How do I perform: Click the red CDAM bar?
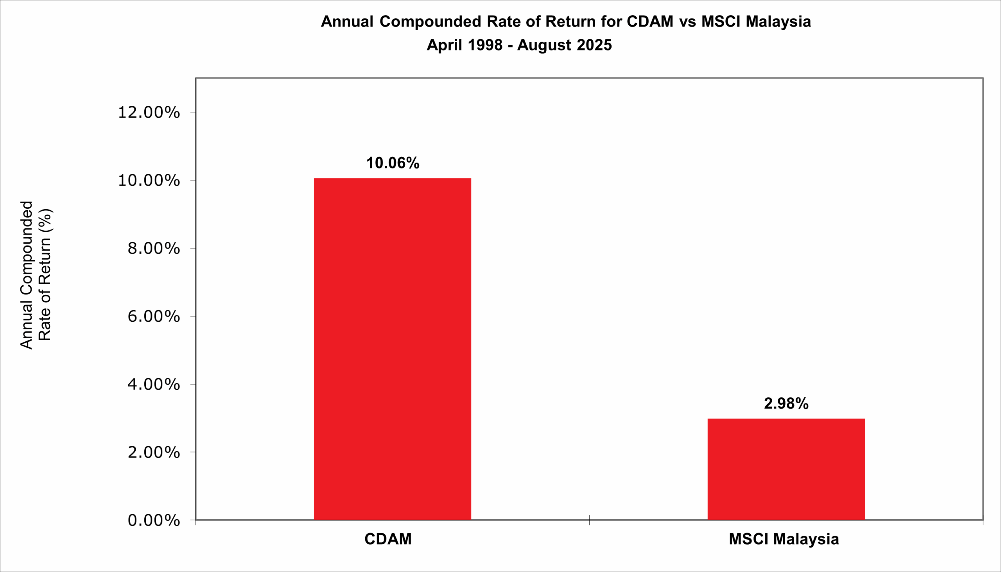pos(392,349)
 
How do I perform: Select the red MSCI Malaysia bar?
pos(786,469)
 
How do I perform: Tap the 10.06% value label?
pos(393,163)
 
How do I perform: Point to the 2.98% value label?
pos(786,403)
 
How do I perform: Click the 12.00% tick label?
pos(149,112)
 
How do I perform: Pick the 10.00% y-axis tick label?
pos(149,180)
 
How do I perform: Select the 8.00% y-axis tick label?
pos(154,248)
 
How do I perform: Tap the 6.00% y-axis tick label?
pos(154,316)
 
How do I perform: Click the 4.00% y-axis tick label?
pos(154,384)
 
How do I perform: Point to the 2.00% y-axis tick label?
pos(154,452)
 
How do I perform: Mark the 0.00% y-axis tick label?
pos(154,520)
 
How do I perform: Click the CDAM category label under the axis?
pos(388,539)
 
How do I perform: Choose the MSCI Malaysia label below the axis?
pos(784,539)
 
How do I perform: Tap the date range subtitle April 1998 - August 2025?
pos(519,45)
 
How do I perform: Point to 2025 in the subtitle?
pos(594,45)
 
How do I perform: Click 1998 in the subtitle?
pos(485,45)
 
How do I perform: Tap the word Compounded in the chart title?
pos(430,22)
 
